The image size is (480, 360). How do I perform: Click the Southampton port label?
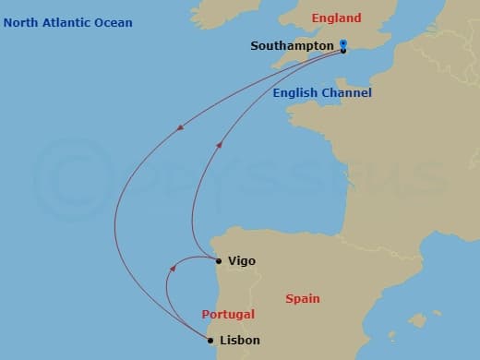292,46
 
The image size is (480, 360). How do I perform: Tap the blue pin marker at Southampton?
342,43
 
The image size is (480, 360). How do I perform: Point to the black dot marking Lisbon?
210,341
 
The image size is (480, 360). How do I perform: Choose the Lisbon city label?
240,340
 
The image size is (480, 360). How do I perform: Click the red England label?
336,18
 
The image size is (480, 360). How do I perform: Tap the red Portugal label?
228,315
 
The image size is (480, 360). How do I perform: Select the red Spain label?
303,299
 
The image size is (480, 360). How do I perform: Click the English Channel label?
322,93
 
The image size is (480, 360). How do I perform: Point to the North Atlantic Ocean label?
68,23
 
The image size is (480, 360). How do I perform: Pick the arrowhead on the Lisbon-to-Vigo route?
173,268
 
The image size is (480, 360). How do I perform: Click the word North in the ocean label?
22,23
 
